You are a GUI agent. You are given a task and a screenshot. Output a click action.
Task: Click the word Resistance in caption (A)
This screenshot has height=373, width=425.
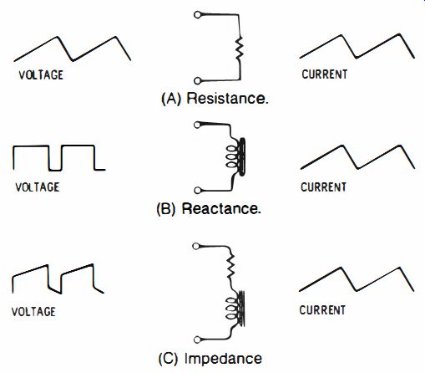[x=227, y=99]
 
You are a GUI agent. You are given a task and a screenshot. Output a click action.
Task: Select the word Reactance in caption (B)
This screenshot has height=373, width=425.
[x=221, y=209]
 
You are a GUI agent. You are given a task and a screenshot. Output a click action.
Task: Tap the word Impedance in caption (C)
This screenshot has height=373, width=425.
[x=223, y=359]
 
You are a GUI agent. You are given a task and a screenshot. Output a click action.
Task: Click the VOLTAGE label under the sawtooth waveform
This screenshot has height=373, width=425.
[x=41, y=75]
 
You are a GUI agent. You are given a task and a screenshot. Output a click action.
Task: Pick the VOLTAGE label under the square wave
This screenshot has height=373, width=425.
[x=38, y=187]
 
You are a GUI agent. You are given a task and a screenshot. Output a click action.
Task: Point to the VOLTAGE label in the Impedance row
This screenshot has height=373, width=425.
[x=33, y=311]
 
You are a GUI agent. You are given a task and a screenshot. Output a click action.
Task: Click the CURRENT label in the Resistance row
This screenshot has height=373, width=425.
[x=325, y=74]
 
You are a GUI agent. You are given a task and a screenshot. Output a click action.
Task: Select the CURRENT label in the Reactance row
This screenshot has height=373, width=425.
[x=323, y=186]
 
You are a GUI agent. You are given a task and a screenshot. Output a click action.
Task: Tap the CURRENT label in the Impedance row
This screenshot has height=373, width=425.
[x=322, y=310]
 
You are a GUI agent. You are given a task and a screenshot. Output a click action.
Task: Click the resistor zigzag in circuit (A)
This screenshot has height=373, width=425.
[x=239, y=48]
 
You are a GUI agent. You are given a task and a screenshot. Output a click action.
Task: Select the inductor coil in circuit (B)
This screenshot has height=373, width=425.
[x=236, y=156]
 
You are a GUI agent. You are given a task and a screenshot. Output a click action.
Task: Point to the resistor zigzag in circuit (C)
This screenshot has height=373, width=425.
[x=230, y=267]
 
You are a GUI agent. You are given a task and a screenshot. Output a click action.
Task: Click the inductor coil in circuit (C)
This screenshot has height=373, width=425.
[x=235, y=309]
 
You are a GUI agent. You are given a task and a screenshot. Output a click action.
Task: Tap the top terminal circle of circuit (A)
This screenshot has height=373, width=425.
[x=197, y=14]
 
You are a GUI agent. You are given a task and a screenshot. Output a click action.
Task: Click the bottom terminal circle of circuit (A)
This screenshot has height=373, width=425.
[x=197, y=81]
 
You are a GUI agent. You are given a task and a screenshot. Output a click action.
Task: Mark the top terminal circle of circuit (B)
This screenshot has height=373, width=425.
[x=197, y=125]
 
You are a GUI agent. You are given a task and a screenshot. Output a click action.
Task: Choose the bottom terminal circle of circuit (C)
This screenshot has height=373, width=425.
[x=197, y=340]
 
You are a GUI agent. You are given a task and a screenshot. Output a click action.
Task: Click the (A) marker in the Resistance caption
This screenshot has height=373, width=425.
[x=171, y=99]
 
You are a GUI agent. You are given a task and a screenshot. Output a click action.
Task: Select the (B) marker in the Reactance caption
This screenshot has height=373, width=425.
[x=166, y=209]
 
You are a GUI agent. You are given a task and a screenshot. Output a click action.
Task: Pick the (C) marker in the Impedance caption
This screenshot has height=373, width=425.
[x=169, y=359]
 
